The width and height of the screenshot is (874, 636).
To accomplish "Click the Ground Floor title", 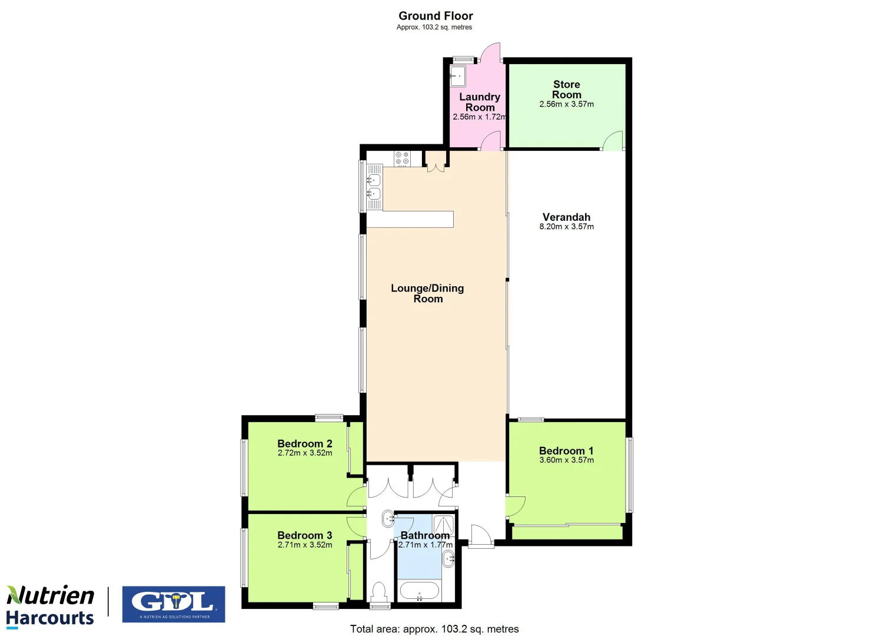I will [436, 16].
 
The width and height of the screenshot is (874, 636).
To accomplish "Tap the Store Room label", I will [566, 90].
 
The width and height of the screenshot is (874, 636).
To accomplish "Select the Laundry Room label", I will [480, 102].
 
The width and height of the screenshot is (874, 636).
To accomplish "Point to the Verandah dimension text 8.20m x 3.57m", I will [566, 227].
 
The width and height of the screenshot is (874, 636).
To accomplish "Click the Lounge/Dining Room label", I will [427, 293].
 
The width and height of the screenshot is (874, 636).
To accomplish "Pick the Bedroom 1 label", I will [566, 450].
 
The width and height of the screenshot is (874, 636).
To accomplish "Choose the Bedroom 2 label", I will [305, 443].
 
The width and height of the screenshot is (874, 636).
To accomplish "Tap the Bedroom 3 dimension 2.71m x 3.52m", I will [305, 545].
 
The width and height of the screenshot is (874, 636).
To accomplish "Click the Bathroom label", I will [425, 535].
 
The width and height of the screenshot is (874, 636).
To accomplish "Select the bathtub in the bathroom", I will [418, 591].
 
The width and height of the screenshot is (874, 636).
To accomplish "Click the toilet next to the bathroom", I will [379, 591].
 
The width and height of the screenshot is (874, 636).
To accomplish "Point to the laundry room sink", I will [458, 76].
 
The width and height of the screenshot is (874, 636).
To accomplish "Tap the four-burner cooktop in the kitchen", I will [402, 158].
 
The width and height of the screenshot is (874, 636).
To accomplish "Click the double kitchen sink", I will [374, 187].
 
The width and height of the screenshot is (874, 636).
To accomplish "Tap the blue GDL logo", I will [174, 604].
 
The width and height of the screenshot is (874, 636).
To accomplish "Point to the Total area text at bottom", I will [434, 629].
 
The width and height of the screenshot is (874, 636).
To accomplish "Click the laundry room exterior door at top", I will [490, 52].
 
